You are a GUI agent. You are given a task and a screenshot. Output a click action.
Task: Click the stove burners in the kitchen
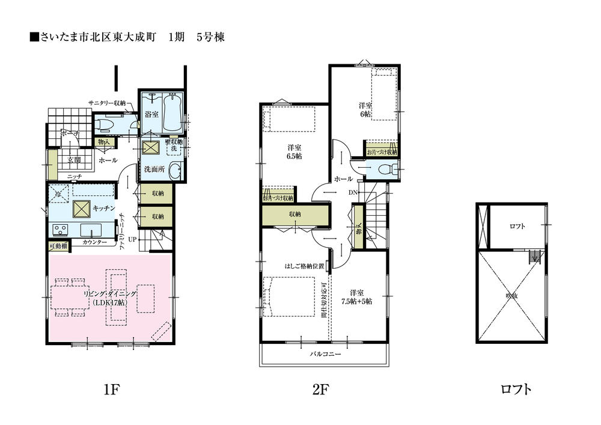[x=61, y=228]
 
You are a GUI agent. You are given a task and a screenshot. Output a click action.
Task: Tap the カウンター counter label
[x=94, y=242]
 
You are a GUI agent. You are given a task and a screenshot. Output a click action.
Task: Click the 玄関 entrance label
[x=73, y=160]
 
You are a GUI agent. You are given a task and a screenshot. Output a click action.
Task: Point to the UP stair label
[x=132, y=239]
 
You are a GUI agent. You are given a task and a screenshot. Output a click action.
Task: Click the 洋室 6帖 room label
[x=365, y=109]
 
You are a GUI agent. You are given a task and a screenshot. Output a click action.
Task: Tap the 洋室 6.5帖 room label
[x=294, y=151]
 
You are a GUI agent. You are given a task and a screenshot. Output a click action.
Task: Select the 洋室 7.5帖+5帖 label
[x=356, y=297]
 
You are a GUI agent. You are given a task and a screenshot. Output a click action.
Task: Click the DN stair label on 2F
[x=353, y=192]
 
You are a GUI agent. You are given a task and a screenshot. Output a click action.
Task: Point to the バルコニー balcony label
[x=325, y=355]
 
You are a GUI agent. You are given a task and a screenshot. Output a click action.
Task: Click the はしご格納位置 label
[x=305, y=265]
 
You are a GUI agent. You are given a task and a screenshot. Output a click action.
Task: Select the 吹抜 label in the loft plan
[x=512, y=295]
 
